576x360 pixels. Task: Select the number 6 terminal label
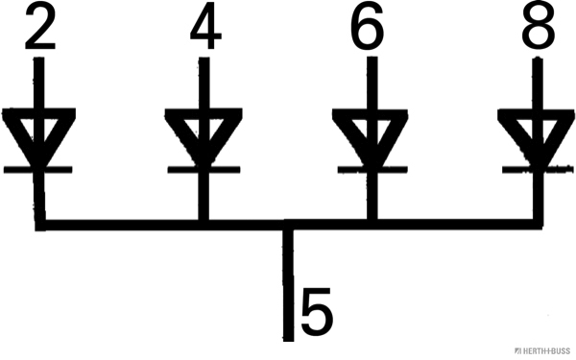[367, 30]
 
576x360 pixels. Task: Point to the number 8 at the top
[538, 30]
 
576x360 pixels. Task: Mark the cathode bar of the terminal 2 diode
[38, 169]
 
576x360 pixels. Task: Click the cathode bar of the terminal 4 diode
[203, 169]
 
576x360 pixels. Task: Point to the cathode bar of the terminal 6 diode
[369, 169]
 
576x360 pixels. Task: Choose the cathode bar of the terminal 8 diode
[536, 169]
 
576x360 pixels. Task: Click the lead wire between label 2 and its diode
[38, 82]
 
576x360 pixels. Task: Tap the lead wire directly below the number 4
[203, 82]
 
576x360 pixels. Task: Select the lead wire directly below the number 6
[369, 82]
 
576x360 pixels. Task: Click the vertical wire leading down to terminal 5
[287, 288]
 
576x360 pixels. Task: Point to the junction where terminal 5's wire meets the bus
[287, 227]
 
